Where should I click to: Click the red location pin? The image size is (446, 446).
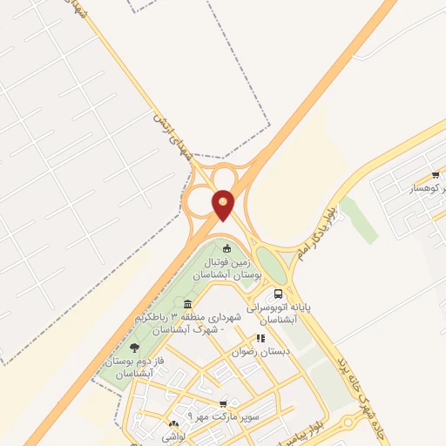(224, 204)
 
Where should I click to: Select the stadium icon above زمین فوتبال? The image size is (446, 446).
(228, 247)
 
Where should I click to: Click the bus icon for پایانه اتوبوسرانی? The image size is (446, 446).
(278, 294)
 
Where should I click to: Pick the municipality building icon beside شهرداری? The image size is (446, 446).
(188, 304)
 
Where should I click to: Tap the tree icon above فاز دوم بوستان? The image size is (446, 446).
(134, 348)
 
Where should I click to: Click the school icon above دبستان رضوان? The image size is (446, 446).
(260, 337)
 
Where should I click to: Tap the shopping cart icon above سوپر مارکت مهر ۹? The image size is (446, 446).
(224, 403)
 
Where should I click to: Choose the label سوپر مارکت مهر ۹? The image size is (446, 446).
(228, 416)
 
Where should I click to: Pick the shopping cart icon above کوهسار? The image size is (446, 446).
(435, 175)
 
